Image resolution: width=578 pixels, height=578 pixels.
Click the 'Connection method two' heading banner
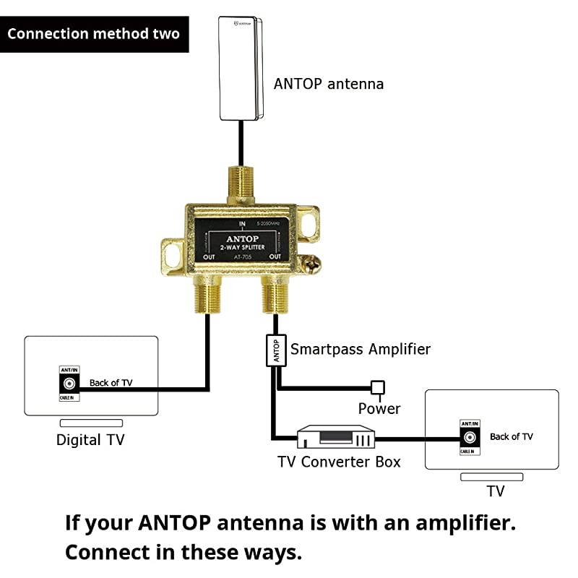(94, 34)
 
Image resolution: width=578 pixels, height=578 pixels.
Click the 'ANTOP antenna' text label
(329, 84)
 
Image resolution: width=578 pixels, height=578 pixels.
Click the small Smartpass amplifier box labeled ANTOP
(275, 351)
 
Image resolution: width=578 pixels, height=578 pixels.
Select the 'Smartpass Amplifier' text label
(361, 350)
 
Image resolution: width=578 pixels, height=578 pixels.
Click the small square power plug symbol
(377, 387)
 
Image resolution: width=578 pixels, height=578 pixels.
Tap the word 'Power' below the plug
(379, 409)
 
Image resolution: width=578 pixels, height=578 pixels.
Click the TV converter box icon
(337, 436)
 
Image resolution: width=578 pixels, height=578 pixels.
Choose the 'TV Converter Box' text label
(339, 462)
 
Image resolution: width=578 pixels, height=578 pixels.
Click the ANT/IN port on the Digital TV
(71, 384)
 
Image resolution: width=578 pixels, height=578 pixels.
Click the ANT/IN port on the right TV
(470, 437)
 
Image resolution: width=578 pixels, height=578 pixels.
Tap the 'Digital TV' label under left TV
(90, 439)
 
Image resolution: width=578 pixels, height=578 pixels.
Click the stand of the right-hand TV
(491, 477)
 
